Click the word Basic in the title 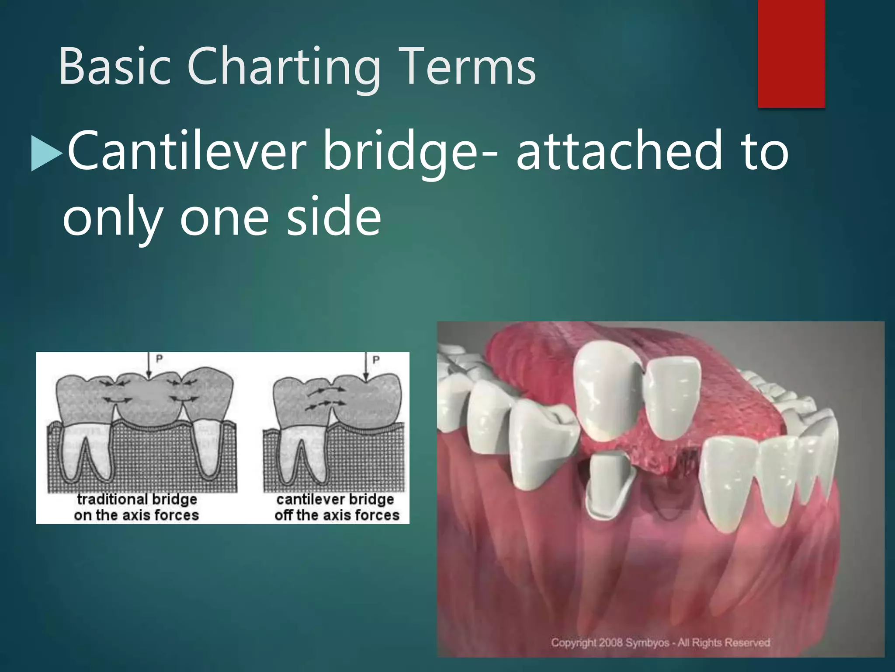pos(114,66)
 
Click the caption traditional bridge pos(137,499)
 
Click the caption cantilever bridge pos(335,499)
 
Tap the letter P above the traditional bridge pos(160,359)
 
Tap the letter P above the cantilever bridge pos(375,360)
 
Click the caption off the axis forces pos(337,515)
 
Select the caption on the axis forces pos(136,515)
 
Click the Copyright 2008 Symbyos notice pos(660,642)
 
